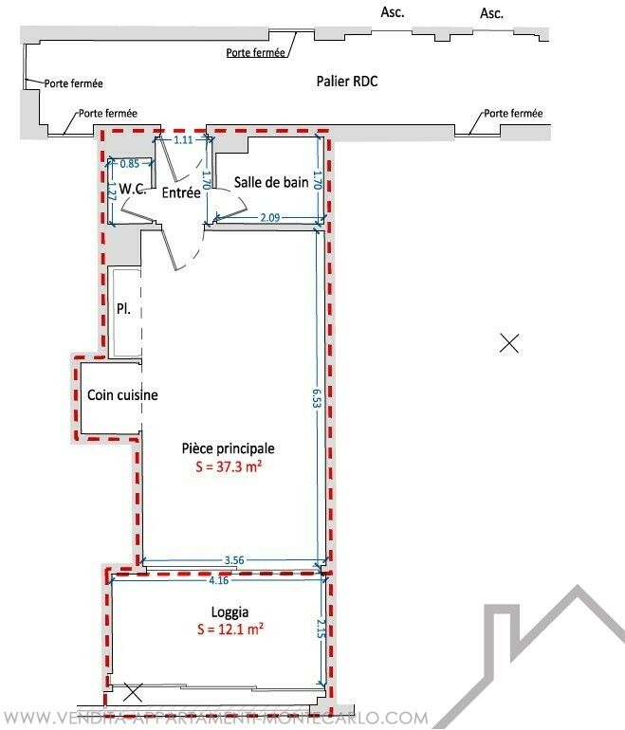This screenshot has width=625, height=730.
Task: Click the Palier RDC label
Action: click(347, 81)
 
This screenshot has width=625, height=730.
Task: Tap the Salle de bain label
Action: click(271, 182)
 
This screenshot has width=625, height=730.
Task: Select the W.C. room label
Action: click(133, 189)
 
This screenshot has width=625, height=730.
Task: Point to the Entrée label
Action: click(181, 192)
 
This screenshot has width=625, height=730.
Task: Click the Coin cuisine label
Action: click(122, 394)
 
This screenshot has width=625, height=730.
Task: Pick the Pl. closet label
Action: click(123, 309)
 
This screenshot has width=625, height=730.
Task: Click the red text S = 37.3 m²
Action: click(229, 466)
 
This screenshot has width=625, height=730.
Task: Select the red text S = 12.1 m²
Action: click(230, 630)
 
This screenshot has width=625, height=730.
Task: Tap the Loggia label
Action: click(230, 611)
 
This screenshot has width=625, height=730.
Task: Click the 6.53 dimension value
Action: click(317, 398)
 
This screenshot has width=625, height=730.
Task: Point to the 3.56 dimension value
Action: click(234, 560)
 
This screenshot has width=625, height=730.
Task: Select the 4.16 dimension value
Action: click(219, 580)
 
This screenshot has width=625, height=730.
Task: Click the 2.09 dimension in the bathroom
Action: click(270, 217)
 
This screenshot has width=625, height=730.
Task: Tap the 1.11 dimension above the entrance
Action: click(183, 139)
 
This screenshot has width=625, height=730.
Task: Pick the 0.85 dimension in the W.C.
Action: click(130, 164)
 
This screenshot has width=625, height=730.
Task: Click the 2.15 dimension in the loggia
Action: click(321, 628)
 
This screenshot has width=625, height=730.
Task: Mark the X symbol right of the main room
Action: click(509, 343)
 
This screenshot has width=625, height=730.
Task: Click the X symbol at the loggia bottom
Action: click(133, 692)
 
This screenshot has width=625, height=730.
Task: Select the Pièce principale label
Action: click(229, 448)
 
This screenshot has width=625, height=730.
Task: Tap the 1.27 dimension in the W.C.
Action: click(112, 191)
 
